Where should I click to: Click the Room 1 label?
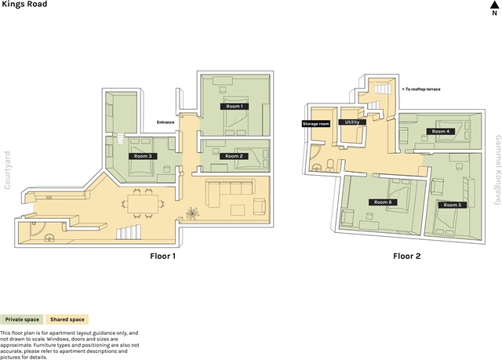235,106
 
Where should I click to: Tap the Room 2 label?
234,156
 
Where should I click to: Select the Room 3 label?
143,156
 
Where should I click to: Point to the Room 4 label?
441,131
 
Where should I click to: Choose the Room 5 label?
453,205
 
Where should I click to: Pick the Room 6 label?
383,202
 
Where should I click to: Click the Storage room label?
316,124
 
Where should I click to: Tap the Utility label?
352,122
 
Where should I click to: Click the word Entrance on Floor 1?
166,122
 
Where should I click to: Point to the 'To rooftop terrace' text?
421,89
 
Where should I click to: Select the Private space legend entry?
22,319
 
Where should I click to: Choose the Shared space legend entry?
67,319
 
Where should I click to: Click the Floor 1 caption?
162,256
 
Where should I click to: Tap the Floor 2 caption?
407,256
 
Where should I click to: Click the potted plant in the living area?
192,213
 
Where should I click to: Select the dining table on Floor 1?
143,204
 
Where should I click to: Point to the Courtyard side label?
7,170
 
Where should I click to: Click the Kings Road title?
24,4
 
